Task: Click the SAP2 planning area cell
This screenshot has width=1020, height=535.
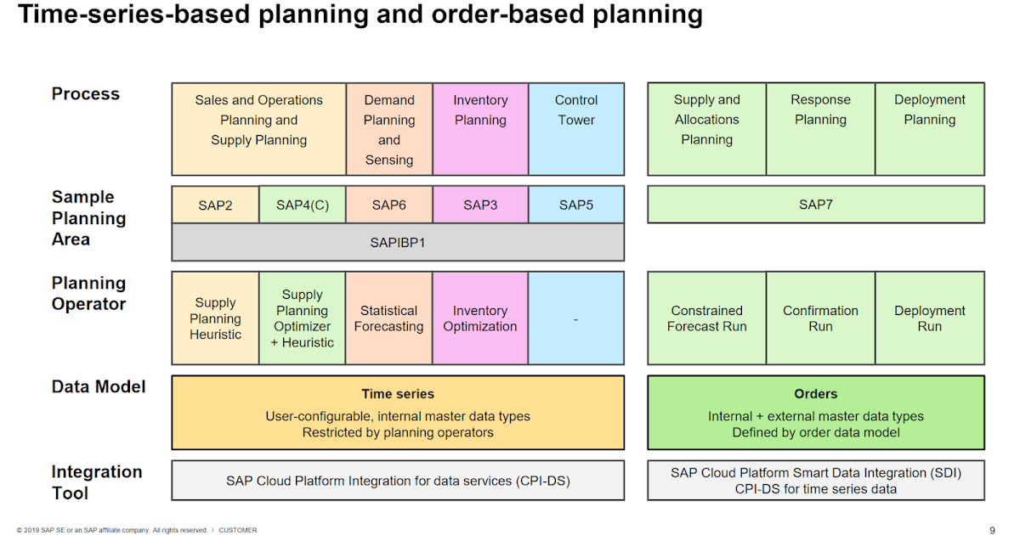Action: [x=215, y=205]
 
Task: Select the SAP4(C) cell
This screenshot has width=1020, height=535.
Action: [x=302, y=205]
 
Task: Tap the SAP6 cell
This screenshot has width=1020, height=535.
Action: [x=388, y=205]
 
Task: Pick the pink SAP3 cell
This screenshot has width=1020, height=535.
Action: [x=480, y=205]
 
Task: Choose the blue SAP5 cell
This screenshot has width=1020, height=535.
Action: [x=575, y=205]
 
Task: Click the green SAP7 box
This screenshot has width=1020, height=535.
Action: [x=815, y=205]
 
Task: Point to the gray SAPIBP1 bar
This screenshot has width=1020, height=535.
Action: [x=397, y=242]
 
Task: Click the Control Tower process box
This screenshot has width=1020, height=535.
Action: [x=576, y=128]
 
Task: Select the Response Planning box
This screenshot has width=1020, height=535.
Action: [x=820, y=128]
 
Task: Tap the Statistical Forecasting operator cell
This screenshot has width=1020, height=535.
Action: [x=388, y=318]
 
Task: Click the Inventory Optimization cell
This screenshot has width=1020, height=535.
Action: [x=480, y=318]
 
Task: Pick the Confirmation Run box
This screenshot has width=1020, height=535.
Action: [x=820, y=318]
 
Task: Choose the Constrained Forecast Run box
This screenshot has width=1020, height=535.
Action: [x=706, y=318]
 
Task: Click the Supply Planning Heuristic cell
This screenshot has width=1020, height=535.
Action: [x=215, y=318]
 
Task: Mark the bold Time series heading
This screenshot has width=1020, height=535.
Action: [x=397, y=394]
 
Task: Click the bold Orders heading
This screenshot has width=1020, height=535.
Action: [x=815, y=394]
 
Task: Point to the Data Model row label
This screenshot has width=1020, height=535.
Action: [x=99, y=387]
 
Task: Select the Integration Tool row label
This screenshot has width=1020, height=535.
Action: [x=96, y=482]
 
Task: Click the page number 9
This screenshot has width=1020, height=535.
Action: [x=992, y=530]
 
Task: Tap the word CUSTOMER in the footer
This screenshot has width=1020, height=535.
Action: [x=238, y=530]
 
